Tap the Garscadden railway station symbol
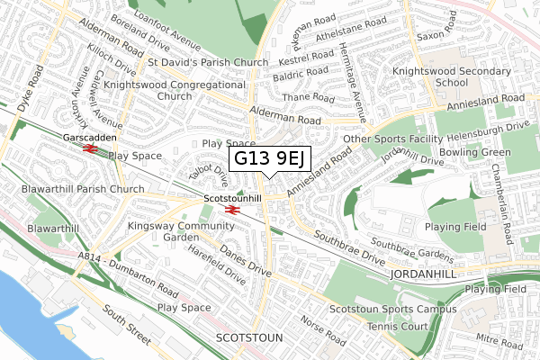89,149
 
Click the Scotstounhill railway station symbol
231,210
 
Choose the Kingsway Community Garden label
168,231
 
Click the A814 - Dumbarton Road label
128,274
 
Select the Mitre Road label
500,342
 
